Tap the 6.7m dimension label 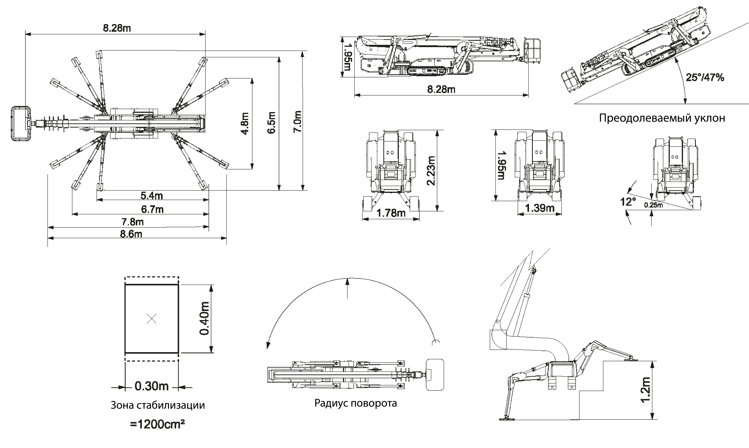coord(152,209)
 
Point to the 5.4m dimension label coord(152,196)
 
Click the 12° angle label coord(628,202)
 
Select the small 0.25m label coord(653,205)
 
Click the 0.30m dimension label coord(152,386)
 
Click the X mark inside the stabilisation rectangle coord(152,318)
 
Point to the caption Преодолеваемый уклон coord(662,118)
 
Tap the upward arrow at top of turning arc coord(347,282)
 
